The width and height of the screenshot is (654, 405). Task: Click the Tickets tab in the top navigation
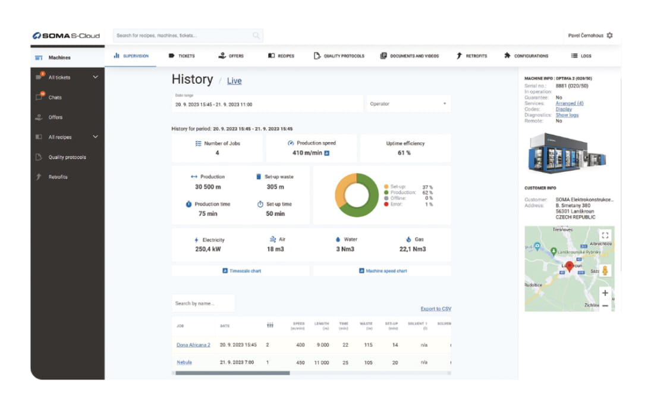pyautogui.click(x=182, y=56)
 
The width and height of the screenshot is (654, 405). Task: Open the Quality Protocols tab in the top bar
pyautogui.click(x=339, y=56)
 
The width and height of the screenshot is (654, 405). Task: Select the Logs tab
pyautogui.click(x=581, y=56)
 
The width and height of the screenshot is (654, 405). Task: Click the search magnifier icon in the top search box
pyautogui.click(x=256, y=36)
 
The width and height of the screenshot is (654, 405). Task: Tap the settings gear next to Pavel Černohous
pyautogui.click(x=609, y=36)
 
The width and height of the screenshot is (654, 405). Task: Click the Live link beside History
pyautogui.click(x=234, y=81)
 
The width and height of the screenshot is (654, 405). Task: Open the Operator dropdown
pyautogui.click(x=408, y=104)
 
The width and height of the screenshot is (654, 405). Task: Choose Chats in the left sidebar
pyautogui.click(x=55, y=98)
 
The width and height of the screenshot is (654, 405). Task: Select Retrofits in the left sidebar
pyautogui.click(x=58, y=177)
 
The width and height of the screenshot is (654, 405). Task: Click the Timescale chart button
pyautogui.click(x=241, y=271)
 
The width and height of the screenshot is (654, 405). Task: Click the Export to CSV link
pyautogui.click(x=436, y=309)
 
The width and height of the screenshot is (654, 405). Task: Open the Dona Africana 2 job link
pyautogui.click(x=193, y=345)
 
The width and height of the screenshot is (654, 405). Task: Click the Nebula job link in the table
pyautogui.click(x=184, y=362)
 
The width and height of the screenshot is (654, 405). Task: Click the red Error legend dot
pyautogui.click(x=386, y=204)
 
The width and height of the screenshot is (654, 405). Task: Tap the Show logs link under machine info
pyautogui.click(x=567, y=115)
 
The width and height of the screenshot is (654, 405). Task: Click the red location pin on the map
pyautogui.click(x=569, y=266)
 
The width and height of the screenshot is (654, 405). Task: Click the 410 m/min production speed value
pyautogui.click(x=307, y=153)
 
